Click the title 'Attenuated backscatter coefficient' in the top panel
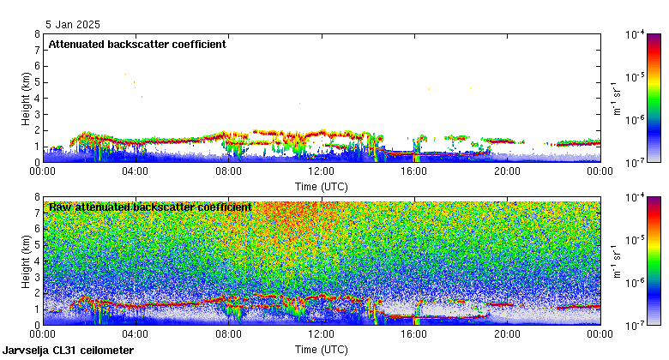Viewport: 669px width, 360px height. coord(137,45)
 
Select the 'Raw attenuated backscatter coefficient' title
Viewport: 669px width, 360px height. coord(150,207)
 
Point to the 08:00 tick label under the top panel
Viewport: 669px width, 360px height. coord(228,171)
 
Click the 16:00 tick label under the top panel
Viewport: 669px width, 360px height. coord(414,171)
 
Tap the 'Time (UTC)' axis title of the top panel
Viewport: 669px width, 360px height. coord(321,184)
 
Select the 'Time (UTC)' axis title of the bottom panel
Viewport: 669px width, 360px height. coord(321,350)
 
